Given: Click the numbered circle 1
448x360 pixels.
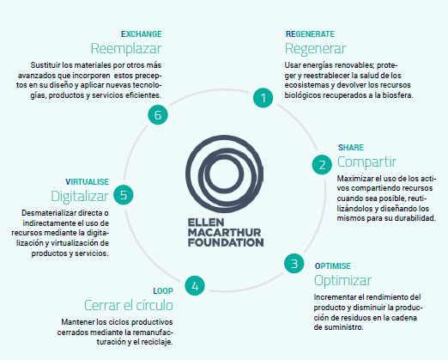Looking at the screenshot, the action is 263,98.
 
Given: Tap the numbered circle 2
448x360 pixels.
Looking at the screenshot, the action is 322,165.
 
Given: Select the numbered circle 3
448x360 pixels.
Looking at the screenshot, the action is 294,264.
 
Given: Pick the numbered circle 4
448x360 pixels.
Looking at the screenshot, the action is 195,286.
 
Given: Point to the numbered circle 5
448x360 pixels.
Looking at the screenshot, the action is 124,195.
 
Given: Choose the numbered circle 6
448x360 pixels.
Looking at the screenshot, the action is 158,115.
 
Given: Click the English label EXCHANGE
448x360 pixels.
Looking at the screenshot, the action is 142,34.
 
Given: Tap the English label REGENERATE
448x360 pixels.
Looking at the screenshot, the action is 310,34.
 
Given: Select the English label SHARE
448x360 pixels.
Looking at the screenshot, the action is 351,148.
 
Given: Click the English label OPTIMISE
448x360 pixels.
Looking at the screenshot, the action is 333,266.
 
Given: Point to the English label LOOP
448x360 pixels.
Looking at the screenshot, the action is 163,291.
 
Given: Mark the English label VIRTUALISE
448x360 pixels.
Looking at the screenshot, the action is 87,182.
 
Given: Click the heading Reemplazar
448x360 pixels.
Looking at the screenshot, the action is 126,48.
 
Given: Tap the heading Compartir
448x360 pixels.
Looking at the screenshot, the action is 366,162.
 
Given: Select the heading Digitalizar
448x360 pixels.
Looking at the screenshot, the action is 80,197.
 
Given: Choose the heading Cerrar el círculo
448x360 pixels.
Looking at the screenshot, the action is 129,305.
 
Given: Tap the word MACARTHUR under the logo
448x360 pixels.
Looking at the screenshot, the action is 225,232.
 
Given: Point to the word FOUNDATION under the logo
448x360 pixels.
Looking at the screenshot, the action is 226,242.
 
